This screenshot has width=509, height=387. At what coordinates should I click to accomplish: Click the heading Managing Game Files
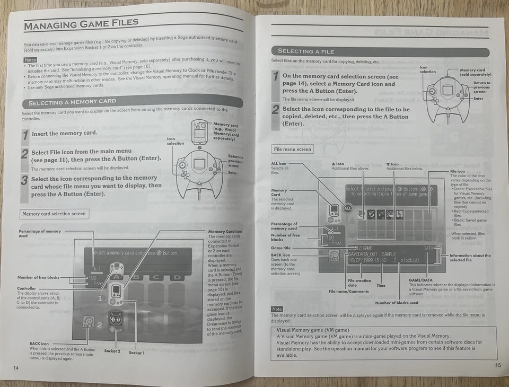pyautogui.click(x=81, y=24)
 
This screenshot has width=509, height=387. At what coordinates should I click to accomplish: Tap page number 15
pyautogui.click(x=497, y=365)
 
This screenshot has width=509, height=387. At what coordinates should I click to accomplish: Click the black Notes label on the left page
pyautogui.click(x=30, y=59)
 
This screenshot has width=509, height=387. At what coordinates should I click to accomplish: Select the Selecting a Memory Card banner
pyautogui.click(x=72, y=102)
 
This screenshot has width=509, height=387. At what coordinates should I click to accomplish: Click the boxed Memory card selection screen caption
pyautogui.click(x=54, y=214)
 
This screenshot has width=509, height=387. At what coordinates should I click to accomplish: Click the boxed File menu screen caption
pyautogui.click(x=292, y=149)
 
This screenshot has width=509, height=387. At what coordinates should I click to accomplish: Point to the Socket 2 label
pyautogui.click(x=112, y=351)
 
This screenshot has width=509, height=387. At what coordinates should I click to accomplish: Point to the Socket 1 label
pyautogui.click(x=136, y=352)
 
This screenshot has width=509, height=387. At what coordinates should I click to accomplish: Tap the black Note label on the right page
pyautogui.click(x=277, y=309)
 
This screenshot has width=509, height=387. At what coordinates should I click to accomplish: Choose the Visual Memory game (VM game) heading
pyautogui.click(x=309, y=330)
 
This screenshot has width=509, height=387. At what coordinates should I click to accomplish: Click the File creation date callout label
pyautogui.click(x=359, y=283)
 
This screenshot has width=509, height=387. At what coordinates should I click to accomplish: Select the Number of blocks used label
pyautogui.click(x=397, y=303)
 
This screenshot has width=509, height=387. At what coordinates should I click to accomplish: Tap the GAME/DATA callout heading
pyautogui.click(x=420, y=279)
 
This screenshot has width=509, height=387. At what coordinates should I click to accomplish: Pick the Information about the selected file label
pyautogui.click(x=470, y=258)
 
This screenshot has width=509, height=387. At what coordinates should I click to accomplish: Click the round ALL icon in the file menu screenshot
pyautogui.click(x=348, y=209)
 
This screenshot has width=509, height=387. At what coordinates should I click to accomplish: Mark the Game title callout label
pyautogui.click(x=280, y=248)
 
